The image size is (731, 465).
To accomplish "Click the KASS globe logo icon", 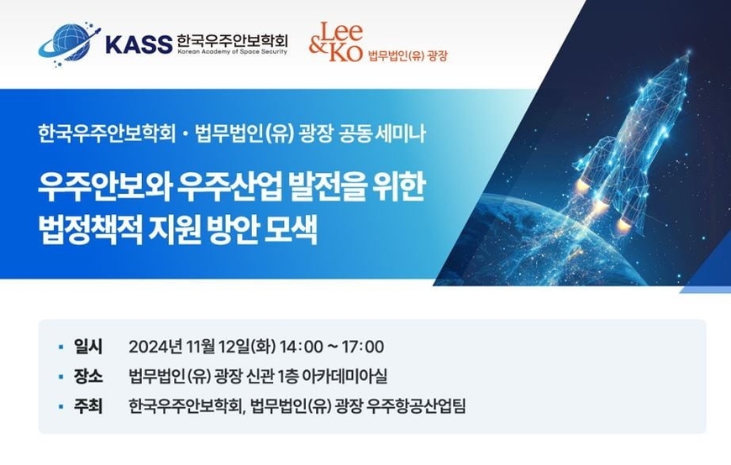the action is click(x=69, y=44).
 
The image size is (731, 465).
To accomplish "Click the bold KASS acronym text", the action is click(x=139, y=44).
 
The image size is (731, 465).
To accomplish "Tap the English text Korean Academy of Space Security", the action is click(x=232, y=52).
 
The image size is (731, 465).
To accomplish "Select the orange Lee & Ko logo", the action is click(x=335, y=42).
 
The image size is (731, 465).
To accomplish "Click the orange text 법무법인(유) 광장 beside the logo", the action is click(x=408, y=56).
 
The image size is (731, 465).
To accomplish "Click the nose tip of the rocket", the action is click(x=689, y=52).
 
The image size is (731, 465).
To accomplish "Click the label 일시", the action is click(x=88, y=347).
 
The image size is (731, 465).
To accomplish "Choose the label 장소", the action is click(x=88, y=376).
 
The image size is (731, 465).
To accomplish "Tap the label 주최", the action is click(x=88, y=406).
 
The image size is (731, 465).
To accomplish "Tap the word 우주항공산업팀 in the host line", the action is click(x=416, y=406).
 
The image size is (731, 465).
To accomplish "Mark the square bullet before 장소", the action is click(x=60, y=377).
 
